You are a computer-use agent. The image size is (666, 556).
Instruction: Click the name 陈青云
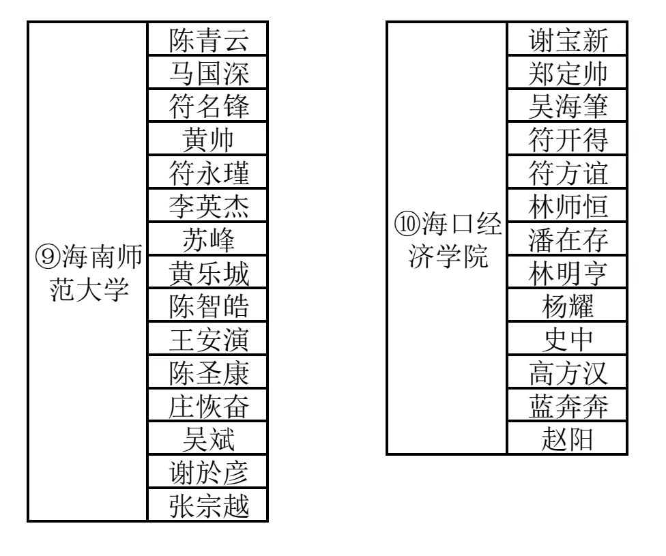(x=209, y=40)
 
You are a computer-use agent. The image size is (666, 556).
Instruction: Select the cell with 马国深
(x=207, y=72)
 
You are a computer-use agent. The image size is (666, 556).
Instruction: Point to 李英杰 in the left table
(x=209, y=207)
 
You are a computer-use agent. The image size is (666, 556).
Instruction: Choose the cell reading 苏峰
(x=207, y=239)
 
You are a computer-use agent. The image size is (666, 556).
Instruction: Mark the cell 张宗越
(x=207, y=505)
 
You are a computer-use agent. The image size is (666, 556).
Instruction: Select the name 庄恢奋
(x=209, y=407)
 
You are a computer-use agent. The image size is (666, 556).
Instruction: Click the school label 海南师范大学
(x=88, y=273)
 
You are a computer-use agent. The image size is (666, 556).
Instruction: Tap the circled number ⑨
(x=48, y=257)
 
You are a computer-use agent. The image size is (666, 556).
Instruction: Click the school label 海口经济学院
(x=448, y=240)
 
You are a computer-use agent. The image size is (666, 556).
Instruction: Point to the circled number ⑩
(x=407, y=224)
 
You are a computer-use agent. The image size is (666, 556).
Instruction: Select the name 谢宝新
(x=568, y=40)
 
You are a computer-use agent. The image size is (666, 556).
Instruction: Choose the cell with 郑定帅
(x=567, y=72)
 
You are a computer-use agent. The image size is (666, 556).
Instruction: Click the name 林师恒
(x=568, y=207)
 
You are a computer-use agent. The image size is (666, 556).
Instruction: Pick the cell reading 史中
(x=567, y=338)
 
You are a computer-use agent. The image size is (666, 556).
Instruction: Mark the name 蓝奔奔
(x=568, y=407)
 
